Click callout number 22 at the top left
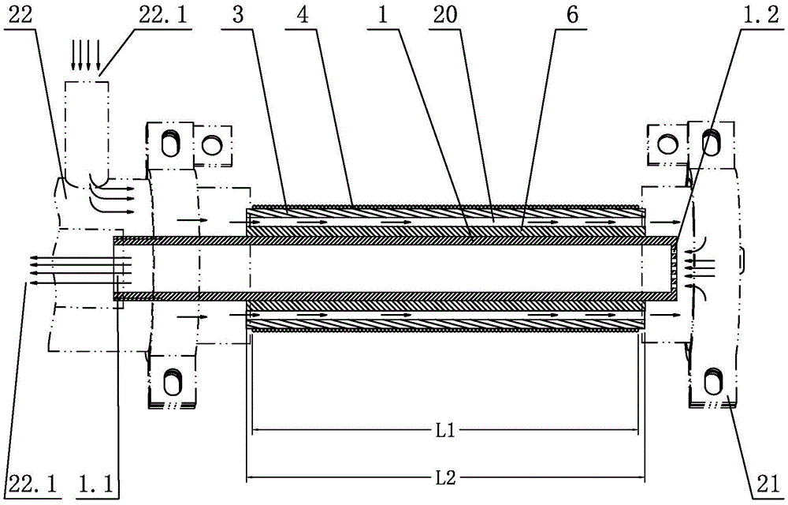(20, 14)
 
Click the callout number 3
(238, 14)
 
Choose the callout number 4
(302, 14)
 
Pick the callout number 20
(445, 14)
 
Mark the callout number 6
(572, 14)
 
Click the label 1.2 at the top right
(761, 14)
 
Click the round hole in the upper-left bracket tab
(211, 145)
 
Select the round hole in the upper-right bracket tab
(667, 144)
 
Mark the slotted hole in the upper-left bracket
(170, 143)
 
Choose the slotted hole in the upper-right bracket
(711, 143)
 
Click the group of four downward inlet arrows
(85, 55)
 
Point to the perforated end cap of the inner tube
(676, 266)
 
